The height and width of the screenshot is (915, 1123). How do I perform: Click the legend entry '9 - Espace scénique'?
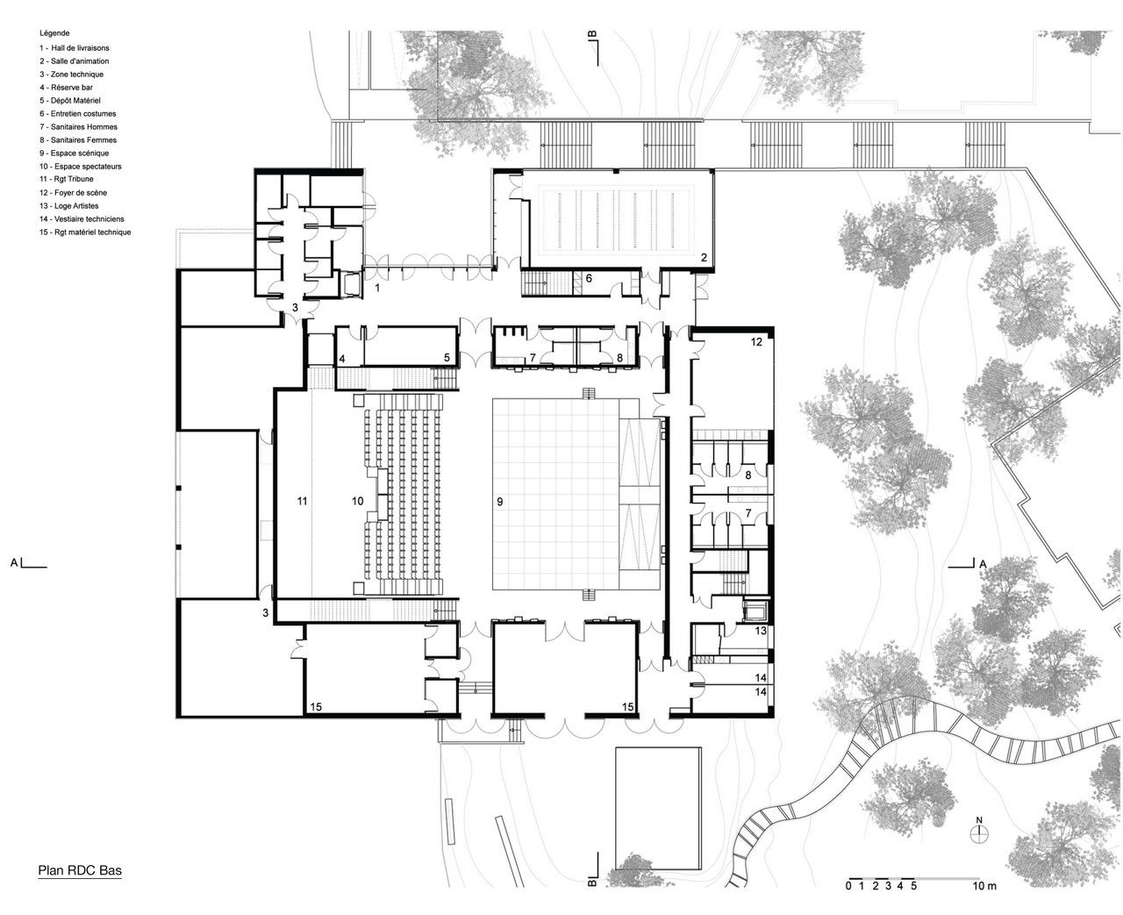[x=74, y=153]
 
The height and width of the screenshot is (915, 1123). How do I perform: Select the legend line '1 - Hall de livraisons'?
[x=74, y=48]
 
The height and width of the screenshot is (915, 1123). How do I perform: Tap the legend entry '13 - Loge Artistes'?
[x=68, y=205]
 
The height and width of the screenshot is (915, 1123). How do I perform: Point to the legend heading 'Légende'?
[x=54, y=32]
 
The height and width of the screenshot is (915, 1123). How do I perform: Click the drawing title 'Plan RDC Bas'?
[x=80, y=869]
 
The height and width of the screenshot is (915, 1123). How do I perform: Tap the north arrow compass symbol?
[x=979, y=833]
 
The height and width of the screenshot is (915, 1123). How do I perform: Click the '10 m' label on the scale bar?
[x=984, y=885]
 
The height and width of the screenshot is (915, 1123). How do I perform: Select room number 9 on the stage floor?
[x=500, y=502]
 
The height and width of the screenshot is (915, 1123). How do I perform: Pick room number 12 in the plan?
[x=756, y=342]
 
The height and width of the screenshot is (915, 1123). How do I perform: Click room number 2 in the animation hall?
[x=704, y=258]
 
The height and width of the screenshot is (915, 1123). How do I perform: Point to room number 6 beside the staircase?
[x=589, y=278]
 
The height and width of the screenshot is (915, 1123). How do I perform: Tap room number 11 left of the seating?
[x=302, y=501]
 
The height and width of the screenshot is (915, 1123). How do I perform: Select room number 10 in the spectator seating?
[x=357, y=501]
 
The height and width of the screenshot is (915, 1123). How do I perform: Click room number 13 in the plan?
[x=761, y=631]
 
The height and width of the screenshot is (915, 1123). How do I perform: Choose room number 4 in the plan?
[x=341, y=359]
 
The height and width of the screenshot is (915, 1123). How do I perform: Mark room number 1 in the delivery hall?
[x=377, y=288]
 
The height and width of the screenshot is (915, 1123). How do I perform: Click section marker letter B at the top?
[x=592, y=35]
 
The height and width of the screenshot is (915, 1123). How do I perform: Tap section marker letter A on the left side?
[x=14, y=563]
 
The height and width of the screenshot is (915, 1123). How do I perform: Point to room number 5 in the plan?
[x=447, y=357]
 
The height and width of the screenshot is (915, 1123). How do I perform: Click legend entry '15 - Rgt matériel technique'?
[x=85, y=232]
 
